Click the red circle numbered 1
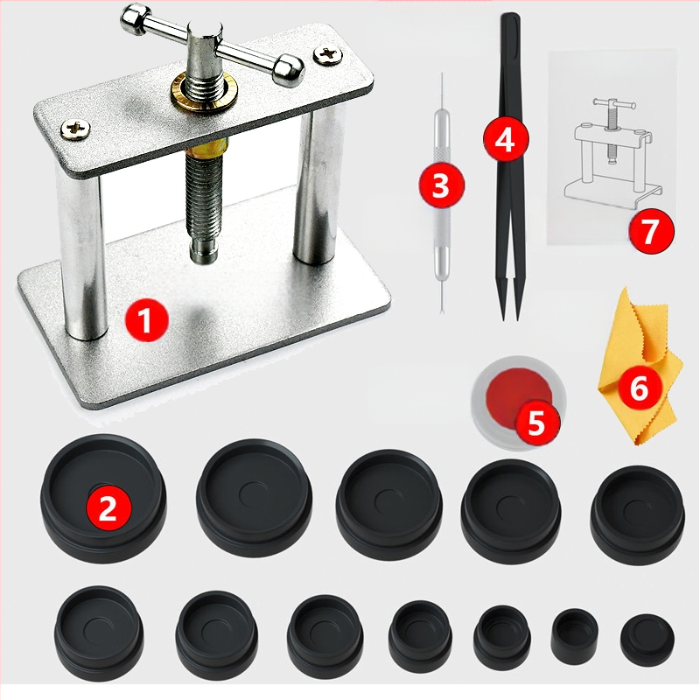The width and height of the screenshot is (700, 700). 146,320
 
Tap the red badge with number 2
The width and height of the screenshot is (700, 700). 108,507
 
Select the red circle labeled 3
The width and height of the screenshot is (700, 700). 441,185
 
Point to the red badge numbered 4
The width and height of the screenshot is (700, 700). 507,140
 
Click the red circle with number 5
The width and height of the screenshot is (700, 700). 536,423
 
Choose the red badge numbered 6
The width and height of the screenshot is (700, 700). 640,388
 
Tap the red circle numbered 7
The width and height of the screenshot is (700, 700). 651,231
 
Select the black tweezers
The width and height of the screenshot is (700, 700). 511,165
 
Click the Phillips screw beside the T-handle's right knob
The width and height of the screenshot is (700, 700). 328,54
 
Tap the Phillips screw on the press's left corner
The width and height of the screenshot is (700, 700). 75,129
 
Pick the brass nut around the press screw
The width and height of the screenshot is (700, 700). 204,92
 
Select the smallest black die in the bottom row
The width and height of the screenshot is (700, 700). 575,633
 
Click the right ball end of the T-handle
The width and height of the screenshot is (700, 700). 289,70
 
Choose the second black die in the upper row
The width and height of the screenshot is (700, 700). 254,497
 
